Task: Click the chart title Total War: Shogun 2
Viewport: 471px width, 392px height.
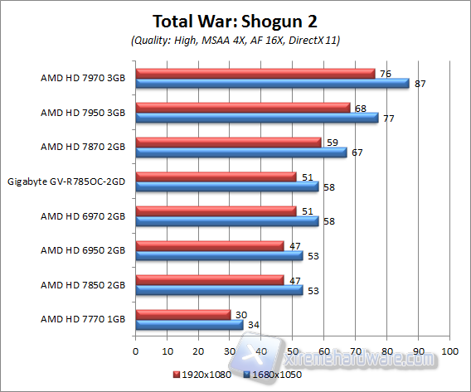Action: click(x=235, y=20)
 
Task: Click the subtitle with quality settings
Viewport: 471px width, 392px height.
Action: click(x=235, y=40)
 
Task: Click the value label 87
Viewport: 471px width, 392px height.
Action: click(x=420, y=85)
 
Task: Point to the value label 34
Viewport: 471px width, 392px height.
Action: click(x=254, y=326)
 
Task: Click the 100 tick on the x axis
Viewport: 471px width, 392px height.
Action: click(x=449, y=350)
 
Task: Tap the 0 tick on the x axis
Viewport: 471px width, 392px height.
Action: click(x=136, y=350)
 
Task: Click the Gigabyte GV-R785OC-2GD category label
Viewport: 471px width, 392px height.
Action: click(x=66, y=181)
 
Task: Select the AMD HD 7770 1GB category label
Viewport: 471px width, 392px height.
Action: click(x=83, y=319)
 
